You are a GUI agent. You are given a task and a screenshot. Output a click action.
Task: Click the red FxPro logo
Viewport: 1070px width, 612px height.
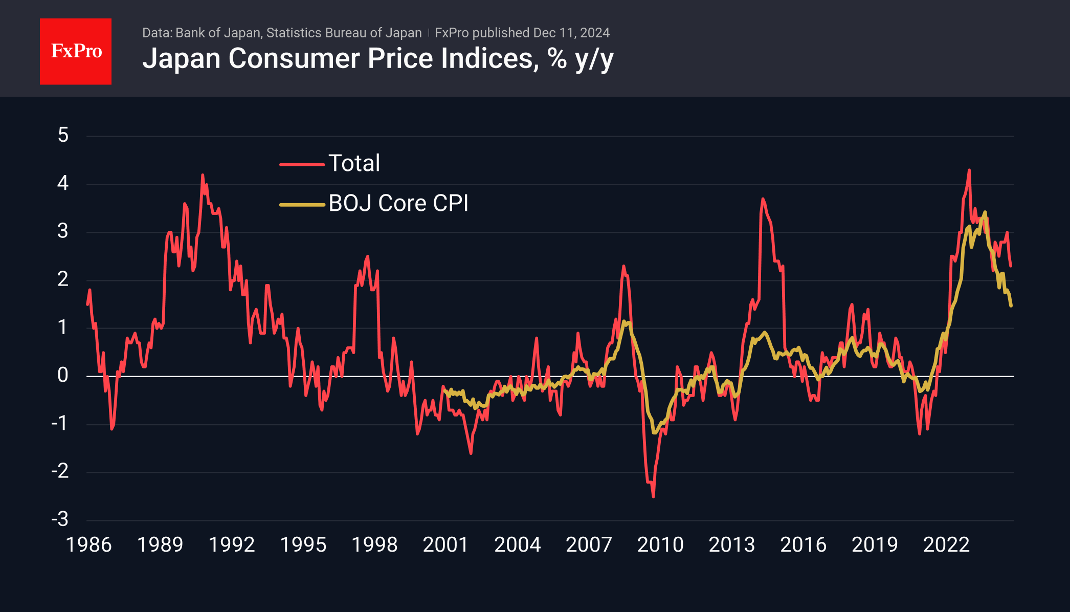[x=76, y=51]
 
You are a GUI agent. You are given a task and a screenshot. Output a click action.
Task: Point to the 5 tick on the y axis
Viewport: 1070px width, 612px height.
[x=63, y=136]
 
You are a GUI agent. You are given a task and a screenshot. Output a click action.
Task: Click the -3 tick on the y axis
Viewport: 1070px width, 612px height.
[x=60, y=519]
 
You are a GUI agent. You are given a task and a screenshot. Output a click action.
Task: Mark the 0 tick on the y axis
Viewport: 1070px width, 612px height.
[x=63, y=376]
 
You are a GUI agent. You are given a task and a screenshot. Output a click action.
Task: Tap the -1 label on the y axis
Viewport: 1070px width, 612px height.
[x=60, y=424]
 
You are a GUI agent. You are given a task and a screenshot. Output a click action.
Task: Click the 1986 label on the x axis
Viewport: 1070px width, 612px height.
[x=88, y=545]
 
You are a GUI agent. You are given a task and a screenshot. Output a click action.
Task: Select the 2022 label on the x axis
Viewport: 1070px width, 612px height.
[x=946, y=545]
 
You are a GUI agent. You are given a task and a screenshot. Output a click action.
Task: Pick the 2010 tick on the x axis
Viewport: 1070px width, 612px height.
[x=660, y=545]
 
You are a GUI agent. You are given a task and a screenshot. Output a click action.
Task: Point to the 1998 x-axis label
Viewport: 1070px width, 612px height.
[x=374, y=545]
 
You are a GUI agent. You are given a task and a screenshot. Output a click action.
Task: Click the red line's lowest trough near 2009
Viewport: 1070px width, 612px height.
[x=653, y=496]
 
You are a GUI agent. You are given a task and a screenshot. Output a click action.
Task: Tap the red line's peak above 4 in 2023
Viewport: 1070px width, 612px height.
[x=969, y=170]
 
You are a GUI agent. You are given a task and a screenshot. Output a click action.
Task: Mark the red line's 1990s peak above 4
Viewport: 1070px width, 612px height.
[x=203, y=175]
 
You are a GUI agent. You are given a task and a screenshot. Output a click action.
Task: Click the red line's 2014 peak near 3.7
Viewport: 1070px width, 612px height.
[x=763, y=199]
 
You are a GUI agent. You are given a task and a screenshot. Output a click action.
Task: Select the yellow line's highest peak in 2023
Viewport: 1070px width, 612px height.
[x=985, y=212]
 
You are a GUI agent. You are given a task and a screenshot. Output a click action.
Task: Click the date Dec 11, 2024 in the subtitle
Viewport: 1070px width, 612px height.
[x=571, y=33]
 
